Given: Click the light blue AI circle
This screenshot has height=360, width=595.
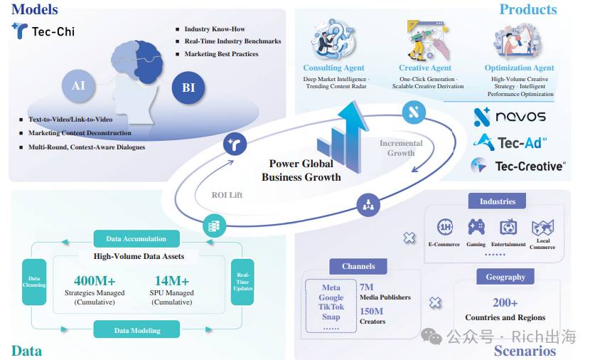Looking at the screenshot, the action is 78,86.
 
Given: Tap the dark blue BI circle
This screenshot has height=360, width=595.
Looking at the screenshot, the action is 188,88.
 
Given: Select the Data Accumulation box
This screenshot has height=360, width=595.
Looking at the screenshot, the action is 136,239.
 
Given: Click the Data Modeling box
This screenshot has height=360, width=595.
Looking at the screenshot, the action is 136,330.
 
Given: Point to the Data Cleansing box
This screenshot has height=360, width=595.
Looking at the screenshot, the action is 34,282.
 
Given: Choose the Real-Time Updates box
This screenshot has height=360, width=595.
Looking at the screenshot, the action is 242,282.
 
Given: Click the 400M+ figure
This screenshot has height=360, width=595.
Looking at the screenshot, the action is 95,280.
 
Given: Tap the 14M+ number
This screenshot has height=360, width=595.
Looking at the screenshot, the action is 171,280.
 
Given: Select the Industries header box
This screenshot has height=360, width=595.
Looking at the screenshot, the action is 497,201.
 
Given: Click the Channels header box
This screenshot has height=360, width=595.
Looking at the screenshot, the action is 358,266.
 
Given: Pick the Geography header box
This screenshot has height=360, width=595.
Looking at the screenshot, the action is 505,277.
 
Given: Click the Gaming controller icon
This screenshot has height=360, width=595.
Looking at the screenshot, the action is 476,227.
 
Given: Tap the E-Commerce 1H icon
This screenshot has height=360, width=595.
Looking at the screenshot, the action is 445,227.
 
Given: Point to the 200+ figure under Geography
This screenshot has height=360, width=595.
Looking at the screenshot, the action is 505,302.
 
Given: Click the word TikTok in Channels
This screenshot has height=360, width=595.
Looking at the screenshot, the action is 331,307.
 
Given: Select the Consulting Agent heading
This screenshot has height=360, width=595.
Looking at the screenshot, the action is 333,68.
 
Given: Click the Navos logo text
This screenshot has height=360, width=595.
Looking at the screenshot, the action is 520,116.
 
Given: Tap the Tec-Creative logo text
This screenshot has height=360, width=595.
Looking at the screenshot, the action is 530,166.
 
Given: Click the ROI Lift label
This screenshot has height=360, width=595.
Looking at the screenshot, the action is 227,195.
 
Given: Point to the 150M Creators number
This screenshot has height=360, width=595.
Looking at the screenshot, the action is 372,312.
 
